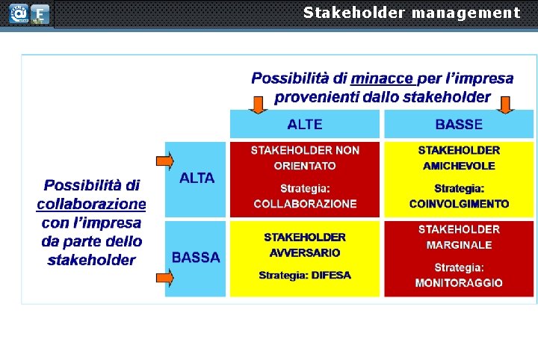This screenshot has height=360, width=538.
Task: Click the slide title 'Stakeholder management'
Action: [x=411, y=13]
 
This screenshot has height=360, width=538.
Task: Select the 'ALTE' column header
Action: [x=305, y=124]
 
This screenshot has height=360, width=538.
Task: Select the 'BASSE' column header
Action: [x=459, y=124]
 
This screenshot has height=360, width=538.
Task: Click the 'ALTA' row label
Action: [x=197, y=178]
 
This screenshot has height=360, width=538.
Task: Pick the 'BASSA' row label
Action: [x=196, y=258]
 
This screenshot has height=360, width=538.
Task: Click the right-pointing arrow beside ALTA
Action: [x=164, y=161]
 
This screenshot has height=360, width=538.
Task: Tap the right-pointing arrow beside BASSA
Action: [x=164, y=278]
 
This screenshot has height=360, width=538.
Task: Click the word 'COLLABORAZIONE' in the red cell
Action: [x=305, y=204]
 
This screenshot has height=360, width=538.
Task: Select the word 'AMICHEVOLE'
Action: [x=459, y=165]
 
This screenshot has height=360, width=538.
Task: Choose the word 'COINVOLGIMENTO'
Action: [x=459, y=204]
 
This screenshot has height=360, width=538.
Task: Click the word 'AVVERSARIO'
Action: [x=305, y=253]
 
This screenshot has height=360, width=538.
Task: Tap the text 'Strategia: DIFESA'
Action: [x=305, y=275]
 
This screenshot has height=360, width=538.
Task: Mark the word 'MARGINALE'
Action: [x=459, y=245]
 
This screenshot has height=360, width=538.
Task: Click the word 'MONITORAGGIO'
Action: [x=459, y=283]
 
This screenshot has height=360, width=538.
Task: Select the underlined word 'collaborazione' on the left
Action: [x=91, y=204]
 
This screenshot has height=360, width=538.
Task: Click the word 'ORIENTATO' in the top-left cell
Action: [x=305, y=166]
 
